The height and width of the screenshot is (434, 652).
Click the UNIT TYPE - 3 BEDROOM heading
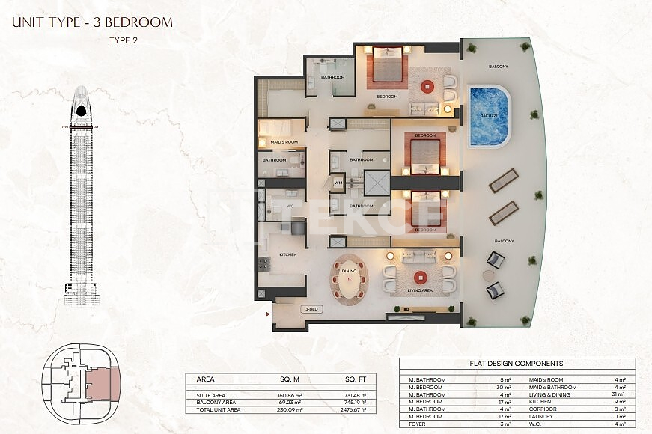(92, 22)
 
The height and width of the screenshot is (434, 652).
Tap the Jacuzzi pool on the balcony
(490, 116)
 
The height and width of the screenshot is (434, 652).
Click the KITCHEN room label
(288, 255)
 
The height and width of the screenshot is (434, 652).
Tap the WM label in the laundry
(339, 182)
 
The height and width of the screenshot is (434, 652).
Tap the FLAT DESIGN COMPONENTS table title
(517, 364)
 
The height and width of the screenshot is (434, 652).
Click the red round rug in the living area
(419, 275)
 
